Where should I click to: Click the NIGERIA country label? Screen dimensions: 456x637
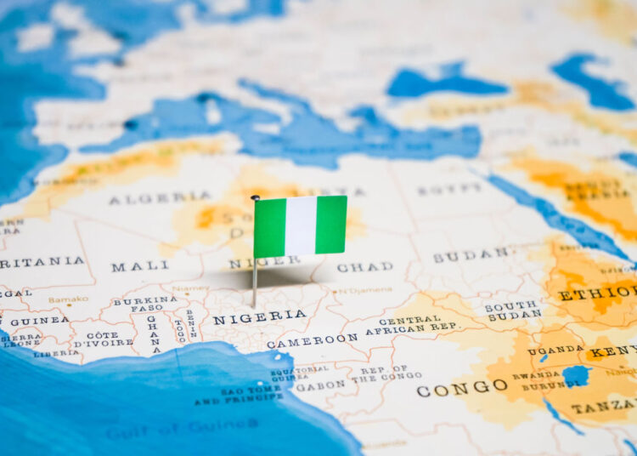(x=259, y=317)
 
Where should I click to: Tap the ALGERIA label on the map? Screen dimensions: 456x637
(x=159, y=198)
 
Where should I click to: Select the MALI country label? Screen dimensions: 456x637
(x=140, y=266)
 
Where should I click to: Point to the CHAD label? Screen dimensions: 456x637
(x=365, y=267)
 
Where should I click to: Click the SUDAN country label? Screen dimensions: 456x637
(x=471, y=254)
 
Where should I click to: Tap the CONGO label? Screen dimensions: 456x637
(x=462, y=388)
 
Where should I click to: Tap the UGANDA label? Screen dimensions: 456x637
(x=555, y=350)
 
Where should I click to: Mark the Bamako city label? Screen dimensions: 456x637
(x=68, y=299)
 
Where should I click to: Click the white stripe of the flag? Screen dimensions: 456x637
(x=301, y=225)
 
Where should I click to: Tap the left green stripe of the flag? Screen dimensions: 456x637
(x=270, y=227)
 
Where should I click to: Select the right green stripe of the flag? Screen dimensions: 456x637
(x=331, y=224)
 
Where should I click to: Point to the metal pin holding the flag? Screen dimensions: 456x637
(x=254, y=281)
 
